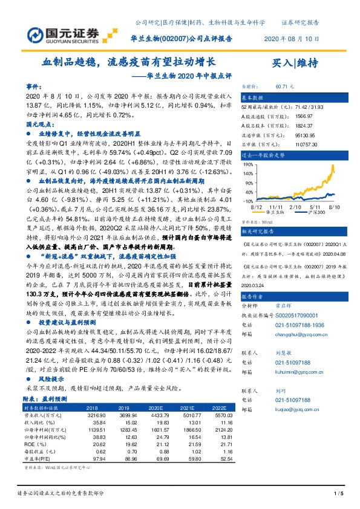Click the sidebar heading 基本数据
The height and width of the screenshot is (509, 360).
(253, 97)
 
